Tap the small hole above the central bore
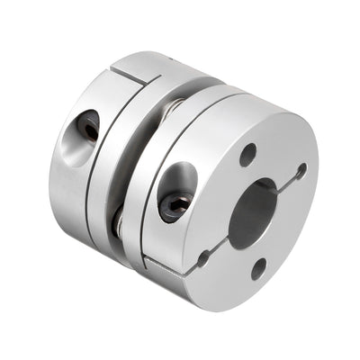tap(247, 154)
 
